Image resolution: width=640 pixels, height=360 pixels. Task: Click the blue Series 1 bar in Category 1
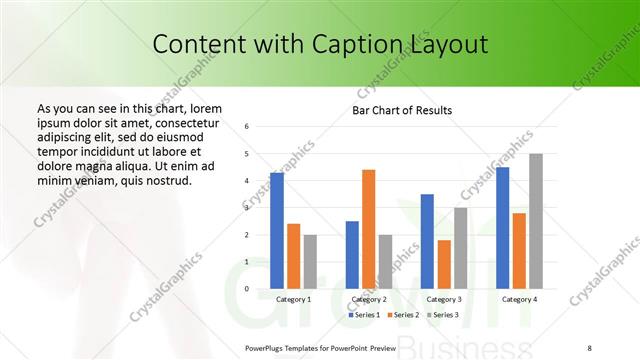coord(277,231)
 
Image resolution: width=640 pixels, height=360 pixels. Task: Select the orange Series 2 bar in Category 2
coord(368,229)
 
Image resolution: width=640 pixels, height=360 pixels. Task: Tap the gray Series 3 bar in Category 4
coord(536,221)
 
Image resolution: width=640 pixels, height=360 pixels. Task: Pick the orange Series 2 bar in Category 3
coord(444,264)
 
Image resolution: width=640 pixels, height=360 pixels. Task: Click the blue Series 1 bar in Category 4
coord(502,228)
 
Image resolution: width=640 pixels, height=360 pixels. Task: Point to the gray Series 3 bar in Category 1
coord(310,262)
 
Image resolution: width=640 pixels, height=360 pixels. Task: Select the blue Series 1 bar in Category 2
coord(352,255)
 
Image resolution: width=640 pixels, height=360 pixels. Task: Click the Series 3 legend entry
coord(443,315)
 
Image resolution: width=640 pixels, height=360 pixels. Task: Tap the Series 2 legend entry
coord(404,315)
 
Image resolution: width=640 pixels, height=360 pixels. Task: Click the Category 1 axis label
coord(293,299)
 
